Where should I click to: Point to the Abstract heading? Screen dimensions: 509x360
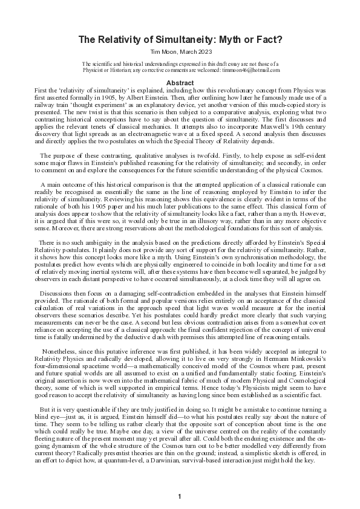(x=180, y=82)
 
